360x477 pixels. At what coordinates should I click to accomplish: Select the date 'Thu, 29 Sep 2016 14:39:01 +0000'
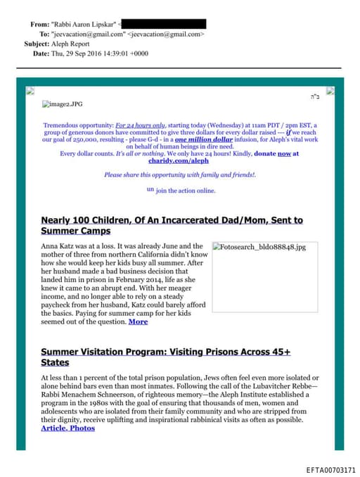coord(99,53)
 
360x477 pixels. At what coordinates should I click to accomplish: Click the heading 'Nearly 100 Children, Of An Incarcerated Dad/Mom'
coord(172,220)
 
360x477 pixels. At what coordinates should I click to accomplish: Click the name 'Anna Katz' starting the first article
coord(58,246)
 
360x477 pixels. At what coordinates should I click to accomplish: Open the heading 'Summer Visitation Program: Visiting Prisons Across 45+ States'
coord(165,356)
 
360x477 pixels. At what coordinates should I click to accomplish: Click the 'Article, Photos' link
coord(67,428)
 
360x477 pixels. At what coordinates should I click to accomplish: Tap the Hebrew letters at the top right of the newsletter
coord(314,96)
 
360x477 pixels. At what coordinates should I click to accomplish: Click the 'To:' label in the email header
coord(44,34)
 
